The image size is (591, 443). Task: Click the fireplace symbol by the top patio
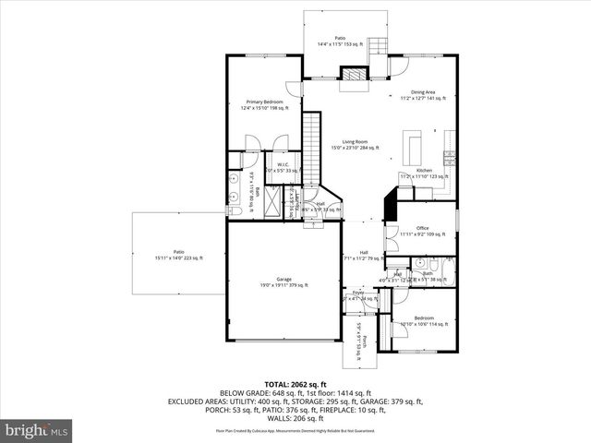point(352,75)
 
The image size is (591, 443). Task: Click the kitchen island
point(413,146)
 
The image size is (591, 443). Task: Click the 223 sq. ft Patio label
point(178,255)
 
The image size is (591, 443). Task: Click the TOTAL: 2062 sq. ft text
point(295,384)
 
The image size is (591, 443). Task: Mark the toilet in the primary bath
point(235,212)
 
